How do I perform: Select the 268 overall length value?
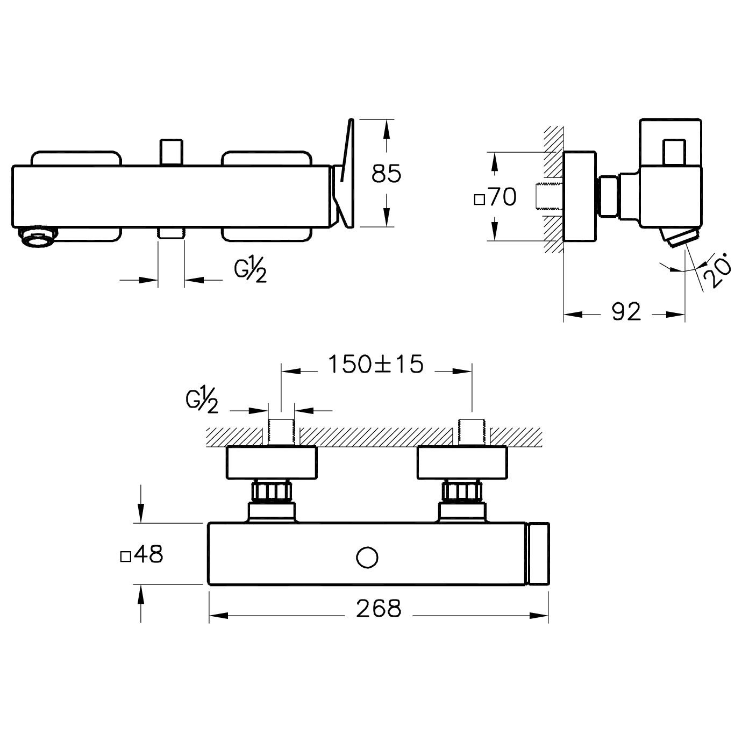click(379, 609)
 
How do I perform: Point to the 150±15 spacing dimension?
click(375, 364)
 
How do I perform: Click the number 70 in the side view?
click(503, 197)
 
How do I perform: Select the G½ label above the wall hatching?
click(202, 401)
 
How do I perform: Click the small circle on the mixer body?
click(367, 557)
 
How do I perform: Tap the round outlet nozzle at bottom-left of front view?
click(39, 237)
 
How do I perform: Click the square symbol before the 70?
click(480, 200)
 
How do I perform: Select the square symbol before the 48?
click(125, 557)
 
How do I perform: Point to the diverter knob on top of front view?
click(171, 153)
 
